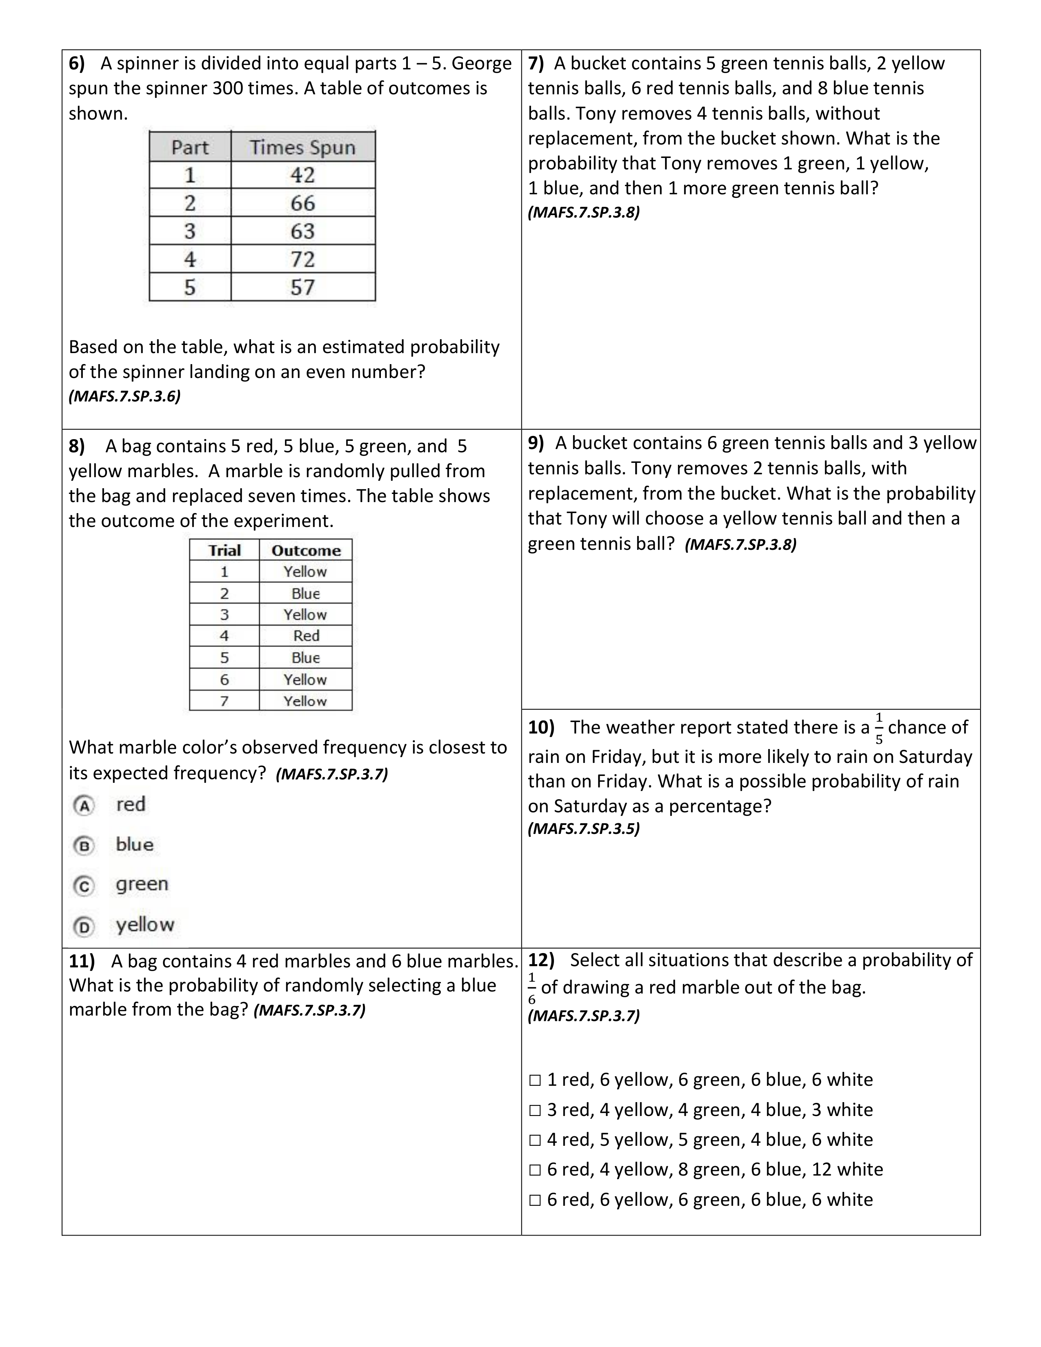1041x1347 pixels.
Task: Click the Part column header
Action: click(x=190, y=147)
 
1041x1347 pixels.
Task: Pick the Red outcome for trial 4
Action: click(x=306, y=636)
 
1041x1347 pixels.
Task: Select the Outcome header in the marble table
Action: click(x=306, y=550)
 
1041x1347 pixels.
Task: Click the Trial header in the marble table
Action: click(x=225, y=550)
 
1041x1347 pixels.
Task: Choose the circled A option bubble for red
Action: click(x=84, y=805)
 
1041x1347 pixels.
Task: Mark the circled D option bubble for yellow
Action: click(x=84, y=927)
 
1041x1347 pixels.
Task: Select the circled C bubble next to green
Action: click(x=84, y=886)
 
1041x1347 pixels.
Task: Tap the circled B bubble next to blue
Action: click(x=84, y=846)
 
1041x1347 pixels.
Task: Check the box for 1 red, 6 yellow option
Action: click(x=535, y=1080)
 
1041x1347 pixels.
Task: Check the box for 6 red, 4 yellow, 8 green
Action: click(x=535, y=1170)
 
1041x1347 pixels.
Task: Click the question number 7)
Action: click(x=536, y=64)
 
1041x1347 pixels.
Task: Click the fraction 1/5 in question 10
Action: click(x=879, y=728)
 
